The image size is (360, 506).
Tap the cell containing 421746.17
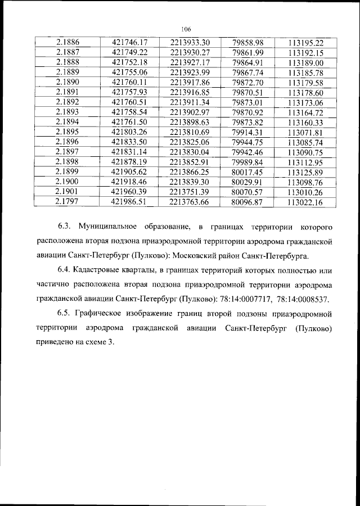pos(129,43)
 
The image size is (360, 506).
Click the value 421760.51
pos(129,102)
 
